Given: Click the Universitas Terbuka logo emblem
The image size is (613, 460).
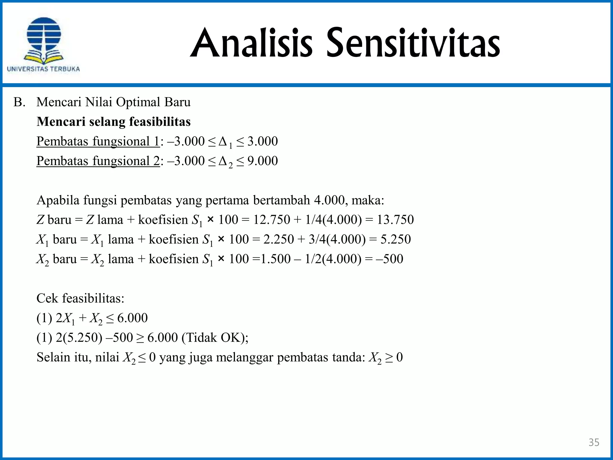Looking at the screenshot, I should coord(44,40).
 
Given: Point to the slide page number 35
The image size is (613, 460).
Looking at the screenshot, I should coord(594,442).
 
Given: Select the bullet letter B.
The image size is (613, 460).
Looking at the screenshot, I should coord(19,102).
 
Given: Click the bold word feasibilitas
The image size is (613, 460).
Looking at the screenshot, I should coord(160,122).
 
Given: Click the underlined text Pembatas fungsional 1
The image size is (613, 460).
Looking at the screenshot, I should coord(98,141).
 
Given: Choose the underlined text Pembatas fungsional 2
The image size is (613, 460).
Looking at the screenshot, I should coord(98,161).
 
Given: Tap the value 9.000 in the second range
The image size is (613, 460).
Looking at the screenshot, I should coord(263,161).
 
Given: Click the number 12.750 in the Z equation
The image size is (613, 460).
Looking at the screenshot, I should coord(271,220).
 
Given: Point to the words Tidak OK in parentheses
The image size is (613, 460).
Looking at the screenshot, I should coord(214,338).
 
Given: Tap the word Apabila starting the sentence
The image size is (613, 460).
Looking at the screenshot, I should coord(58,200).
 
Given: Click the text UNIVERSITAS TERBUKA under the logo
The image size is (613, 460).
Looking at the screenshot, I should coord(43,69).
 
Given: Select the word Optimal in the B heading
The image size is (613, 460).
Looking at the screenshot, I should coord(138,102).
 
